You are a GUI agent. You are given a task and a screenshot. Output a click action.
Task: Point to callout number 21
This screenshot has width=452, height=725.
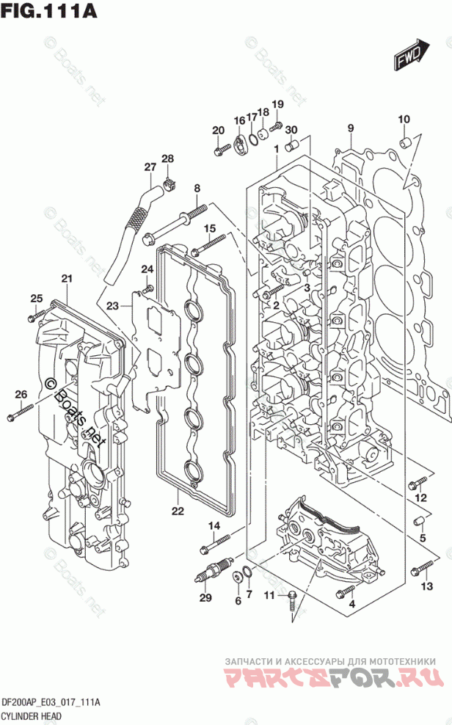[67, 278]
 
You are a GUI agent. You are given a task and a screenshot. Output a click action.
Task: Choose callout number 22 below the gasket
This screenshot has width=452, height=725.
[177, 511]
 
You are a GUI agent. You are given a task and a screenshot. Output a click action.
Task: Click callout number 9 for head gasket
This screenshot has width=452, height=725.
[351, 129]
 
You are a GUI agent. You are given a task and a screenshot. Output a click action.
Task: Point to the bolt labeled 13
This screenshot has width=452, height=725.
[423, 566]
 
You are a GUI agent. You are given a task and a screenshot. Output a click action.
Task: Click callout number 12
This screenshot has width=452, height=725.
[420, 498]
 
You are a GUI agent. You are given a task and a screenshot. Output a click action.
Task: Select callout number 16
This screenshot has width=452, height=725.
[239, 120]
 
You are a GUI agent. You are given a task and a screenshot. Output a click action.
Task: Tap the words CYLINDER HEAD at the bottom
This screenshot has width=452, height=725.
[30, 715]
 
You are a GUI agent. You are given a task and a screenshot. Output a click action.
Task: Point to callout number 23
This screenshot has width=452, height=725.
[112, 305]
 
